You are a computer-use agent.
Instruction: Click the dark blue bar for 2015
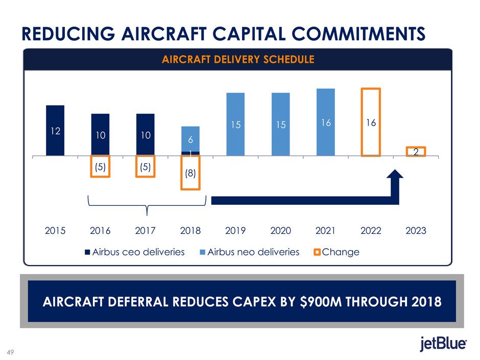pos(55,130)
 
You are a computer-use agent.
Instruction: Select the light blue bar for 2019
pos(235,124)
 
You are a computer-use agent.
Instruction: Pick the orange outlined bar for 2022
pos(371,122)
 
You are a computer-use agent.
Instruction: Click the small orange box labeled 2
pos(416,152)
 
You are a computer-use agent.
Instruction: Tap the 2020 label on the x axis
pos(280,230)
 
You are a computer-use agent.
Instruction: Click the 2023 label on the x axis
pos(416,230)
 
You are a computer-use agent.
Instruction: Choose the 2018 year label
pos(190,230)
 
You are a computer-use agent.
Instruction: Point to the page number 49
pos(10,351)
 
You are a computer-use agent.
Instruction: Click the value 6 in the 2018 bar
pos(190,138)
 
